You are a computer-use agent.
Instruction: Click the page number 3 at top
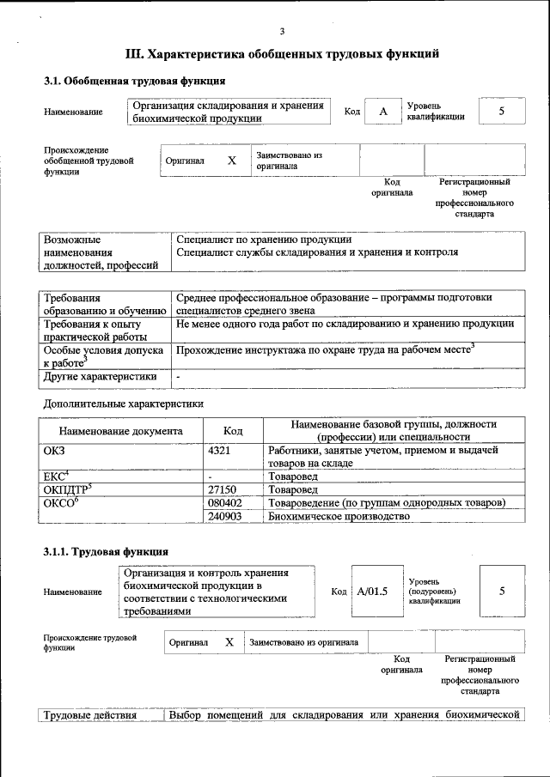[281, 31]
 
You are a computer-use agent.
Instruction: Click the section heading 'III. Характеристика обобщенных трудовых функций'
[283, 54]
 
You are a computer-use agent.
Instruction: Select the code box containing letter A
[384, 112]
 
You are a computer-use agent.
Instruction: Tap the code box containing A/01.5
[372, 592]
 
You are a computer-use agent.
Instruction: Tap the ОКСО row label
[60, 502]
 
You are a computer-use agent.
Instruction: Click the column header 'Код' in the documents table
[233, 431]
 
